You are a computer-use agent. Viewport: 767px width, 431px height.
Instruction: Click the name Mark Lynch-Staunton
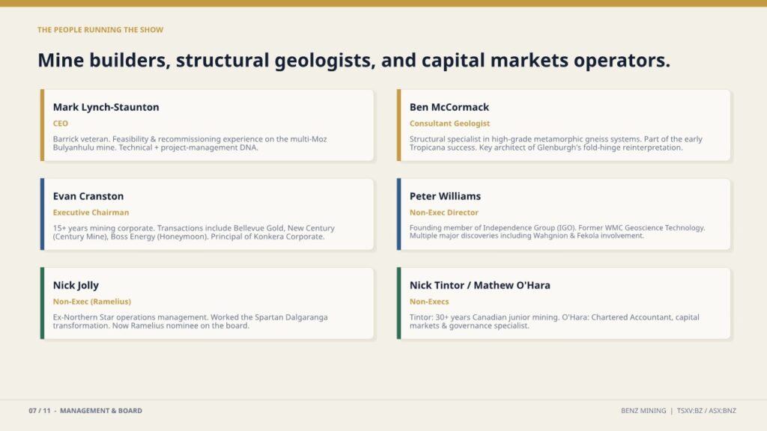(x=106, y=107)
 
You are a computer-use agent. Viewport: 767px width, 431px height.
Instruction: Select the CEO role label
(x=61, y=123)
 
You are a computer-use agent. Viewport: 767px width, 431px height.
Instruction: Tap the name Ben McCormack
(x=449, y=107)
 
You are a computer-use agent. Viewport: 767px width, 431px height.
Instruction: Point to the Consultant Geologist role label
(x=449, y=123)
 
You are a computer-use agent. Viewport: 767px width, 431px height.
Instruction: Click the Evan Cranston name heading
(x=88, y=196)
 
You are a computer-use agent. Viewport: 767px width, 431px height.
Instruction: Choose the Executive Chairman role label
(x=91, y=213)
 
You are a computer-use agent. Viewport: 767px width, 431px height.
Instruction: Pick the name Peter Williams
(x=445, y=196)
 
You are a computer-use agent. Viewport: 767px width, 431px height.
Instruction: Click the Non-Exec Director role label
(x=443, y=213)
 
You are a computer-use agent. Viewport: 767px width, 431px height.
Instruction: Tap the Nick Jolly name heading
(x=76, y=285)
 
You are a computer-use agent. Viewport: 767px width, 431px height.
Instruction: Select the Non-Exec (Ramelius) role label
(x=92, y=302)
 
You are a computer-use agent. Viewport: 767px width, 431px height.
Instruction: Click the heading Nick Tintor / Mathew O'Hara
(x=480, y=285)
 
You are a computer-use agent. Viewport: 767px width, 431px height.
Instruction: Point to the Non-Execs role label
(x=429, y=302)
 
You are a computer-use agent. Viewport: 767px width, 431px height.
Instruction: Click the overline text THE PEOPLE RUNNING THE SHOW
(x=100, y=30)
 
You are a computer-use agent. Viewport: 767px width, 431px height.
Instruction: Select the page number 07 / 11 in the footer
(x=40, y=411)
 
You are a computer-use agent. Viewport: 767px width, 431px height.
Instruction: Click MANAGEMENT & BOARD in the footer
(x=101, y=411)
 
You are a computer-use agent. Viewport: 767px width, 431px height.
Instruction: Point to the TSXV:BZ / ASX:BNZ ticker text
(x=706, y=411)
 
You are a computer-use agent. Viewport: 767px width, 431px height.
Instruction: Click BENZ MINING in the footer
(x=643, y=411)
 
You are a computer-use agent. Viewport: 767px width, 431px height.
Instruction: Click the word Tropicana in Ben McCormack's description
(x=427, y=147)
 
